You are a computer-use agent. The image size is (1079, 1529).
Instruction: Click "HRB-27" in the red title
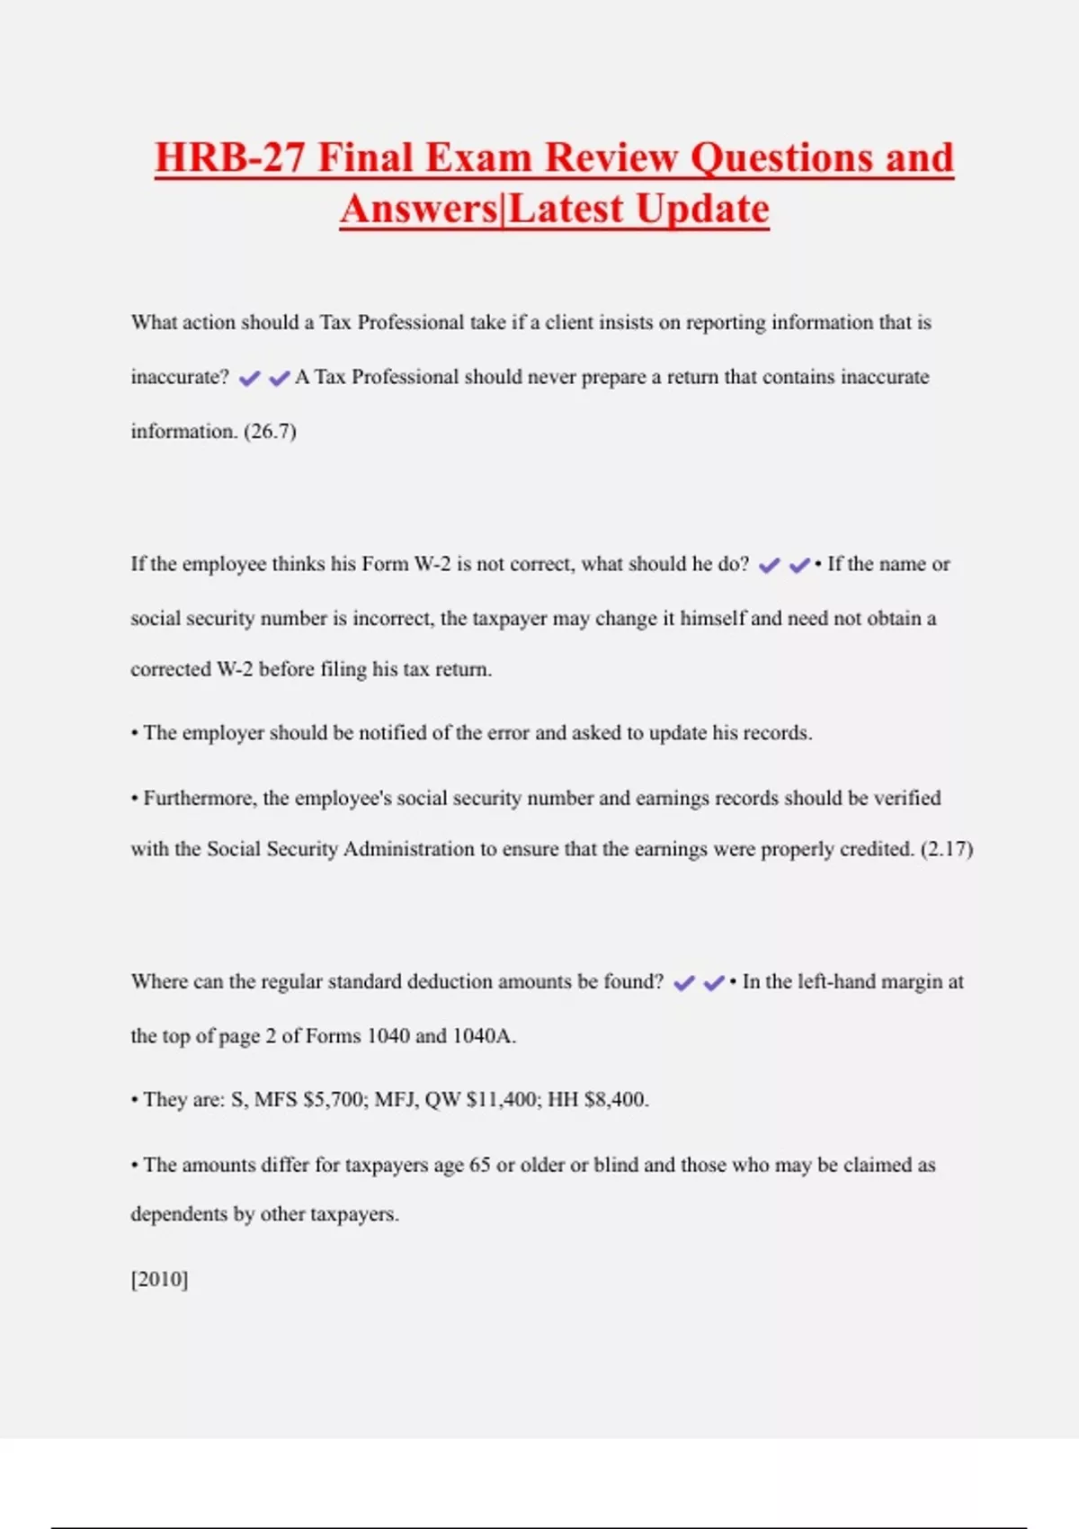click(229, 157)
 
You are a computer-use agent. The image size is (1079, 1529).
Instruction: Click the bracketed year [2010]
click(159, 1279)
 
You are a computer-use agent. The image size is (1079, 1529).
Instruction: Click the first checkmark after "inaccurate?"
click(249, 379)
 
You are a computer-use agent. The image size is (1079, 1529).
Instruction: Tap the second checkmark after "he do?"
click(798, 566)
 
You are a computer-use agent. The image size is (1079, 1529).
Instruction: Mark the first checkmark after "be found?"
click(683, 983)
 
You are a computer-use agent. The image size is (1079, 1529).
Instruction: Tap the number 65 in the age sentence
click(480, 1165)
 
